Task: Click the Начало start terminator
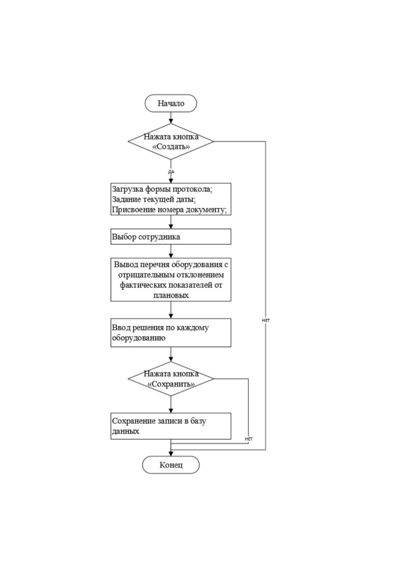pyautogui.click(x=171, y=103)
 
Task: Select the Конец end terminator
pyautogui.click(x=171, y=465)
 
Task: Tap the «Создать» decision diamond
pyautogui.click(x=171, y=141)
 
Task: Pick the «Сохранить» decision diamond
pyautogui.click(x=171, y=379)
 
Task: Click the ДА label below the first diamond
pyautogui.click(x=171, y=171)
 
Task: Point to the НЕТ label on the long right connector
pyautogui.click(x=266, y=320)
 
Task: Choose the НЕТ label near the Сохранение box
pyautogui.click(x=248, y=439)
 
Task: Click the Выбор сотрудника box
pyautogui.click(x=171, y=237)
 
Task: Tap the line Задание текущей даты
pyautogui.click(x=154, y=199)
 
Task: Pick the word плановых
pyautogui.click(x=171, y=296)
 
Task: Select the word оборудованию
pyautogui.click(x=138, y=338)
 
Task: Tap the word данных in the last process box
pyautogui.click(x=125, y=431)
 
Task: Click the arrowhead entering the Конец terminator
pyautogui.click(x=171, y=454)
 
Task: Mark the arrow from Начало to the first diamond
pyautogui.click(x=171, y=118)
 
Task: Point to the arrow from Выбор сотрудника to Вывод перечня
pyautogui.click(x=171, y=251)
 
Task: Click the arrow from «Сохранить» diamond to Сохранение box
pyautogui.click(x=171, y=405)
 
